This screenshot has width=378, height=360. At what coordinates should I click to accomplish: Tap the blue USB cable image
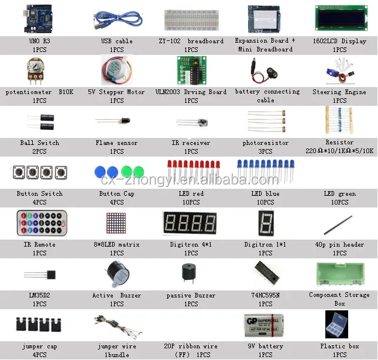(117, 20)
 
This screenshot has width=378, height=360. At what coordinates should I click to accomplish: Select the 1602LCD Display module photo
(340, 19)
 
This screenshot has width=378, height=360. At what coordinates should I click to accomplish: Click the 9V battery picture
(266, 325)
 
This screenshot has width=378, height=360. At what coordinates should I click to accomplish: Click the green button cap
(139, 172)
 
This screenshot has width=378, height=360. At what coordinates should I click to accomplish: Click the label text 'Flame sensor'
(117, 143)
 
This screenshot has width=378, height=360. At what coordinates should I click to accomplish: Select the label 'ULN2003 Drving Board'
(191, 92)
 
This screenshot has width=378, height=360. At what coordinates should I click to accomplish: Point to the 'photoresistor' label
(266, 143)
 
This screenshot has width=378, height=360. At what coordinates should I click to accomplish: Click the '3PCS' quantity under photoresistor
(266, 151)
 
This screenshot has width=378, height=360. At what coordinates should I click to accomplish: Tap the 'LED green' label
(340, 194)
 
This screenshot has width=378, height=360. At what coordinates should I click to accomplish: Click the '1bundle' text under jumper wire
(117, 355)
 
